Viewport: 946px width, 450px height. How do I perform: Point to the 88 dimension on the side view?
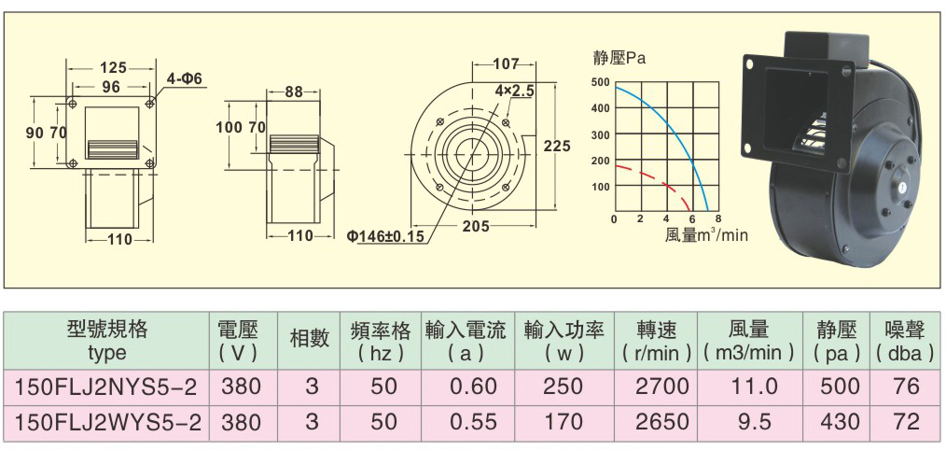pos(293,92)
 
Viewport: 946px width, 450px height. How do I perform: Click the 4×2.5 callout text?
pos(515,91)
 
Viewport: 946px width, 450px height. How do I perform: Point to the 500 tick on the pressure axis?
pos(601,82)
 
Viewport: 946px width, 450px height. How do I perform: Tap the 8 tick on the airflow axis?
pos(718,218)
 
